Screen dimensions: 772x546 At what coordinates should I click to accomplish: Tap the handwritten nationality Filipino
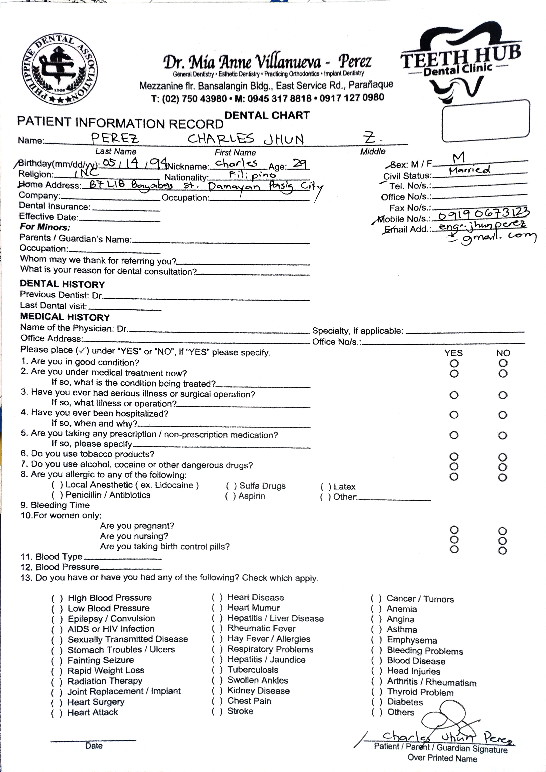pos(253,175)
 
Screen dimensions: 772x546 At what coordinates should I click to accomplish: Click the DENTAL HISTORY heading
pos(63,285)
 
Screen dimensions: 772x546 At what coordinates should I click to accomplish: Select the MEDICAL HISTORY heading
pos(65,317)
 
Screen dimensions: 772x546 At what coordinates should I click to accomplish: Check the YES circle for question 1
pos(454,363)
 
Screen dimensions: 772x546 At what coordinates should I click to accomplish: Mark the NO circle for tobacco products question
pos(502,457)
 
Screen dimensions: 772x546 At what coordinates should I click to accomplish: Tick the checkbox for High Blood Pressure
pos(57,598)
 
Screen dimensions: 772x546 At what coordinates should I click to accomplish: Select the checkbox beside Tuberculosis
pos(217,670)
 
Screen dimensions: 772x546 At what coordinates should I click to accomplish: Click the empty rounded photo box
pos(485,120)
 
